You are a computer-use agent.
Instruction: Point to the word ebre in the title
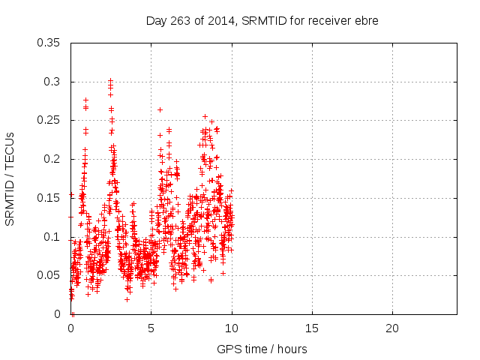[367, 21]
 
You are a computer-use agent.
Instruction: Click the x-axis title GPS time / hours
[262, 349]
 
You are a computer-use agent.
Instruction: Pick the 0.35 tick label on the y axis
[49, 43]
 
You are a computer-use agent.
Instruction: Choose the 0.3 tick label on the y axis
[52, 82]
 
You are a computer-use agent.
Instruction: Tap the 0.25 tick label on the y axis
[49, 121]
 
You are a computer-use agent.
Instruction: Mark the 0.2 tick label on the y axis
[52, 159]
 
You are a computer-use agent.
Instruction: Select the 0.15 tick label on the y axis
[49, 198]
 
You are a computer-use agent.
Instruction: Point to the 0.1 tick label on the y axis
[52, 237]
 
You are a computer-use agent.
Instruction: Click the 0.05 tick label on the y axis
[49, 275]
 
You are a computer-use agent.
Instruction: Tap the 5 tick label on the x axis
[151, 328]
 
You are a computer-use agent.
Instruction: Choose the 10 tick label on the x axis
[231, 328]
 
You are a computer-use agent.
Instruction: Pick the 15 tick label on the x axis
[311, 328]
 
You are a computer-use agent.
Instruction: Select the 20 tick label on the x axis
[391, 328]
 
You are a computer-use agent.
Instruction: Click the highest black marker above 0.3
[110, 79]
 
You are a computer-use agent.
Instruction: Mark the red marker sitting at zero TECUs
[73, 313]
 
